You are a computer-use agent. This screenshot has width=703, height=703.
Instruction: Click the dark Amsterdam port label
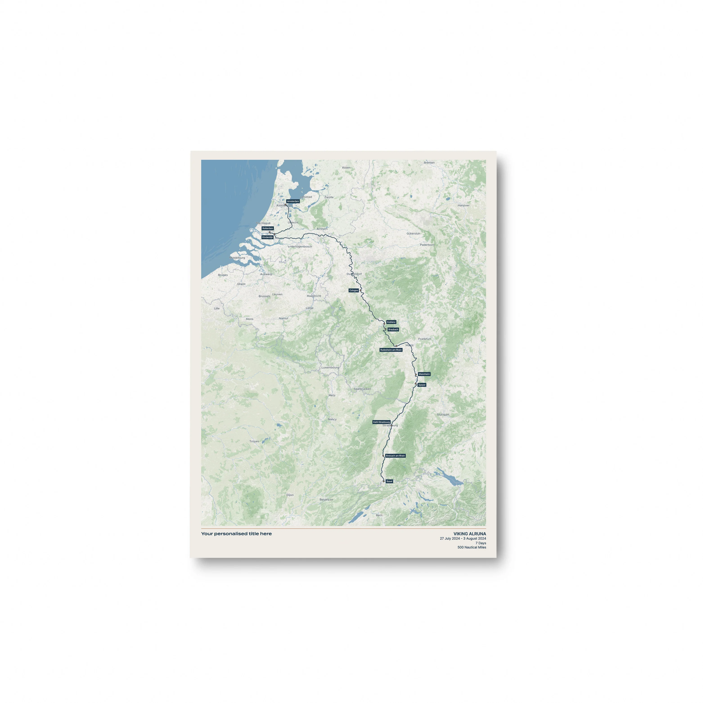pos(293,201)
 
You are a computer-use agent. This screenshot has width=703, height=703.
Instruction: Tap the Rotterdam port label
pos(267,229)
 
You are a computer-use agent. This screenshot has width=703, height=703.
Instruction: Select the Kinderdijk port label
pos(267,237)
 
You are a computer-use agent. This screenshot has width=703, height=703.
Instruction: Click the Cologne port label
pos(354,290)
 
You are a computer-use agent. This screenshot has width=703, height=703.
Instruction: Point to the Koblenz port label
pos(391,322)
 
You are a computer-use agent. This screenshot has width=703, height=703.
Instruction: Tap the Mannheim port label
pos(424,374)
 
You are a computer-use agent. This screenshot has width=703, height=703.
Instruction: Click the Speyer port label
pos(422,385)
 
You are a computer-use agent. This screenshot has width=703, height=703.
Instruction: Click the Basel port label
pos(389,481)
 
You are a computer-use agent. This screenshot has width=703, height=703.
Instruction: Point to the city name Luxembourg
pos(330,368)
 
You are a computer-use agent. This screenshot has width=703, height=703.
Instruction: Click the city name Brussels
pos(265,296)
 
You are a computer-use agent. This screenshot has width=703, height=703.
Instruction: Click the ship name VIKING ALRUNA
pos(469,534)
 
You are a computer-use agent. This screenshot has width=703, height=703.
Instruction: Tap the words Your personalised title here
pos(236,534)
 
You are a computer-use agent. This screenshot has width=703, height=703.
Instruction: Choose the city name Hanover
pos(464,205)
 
